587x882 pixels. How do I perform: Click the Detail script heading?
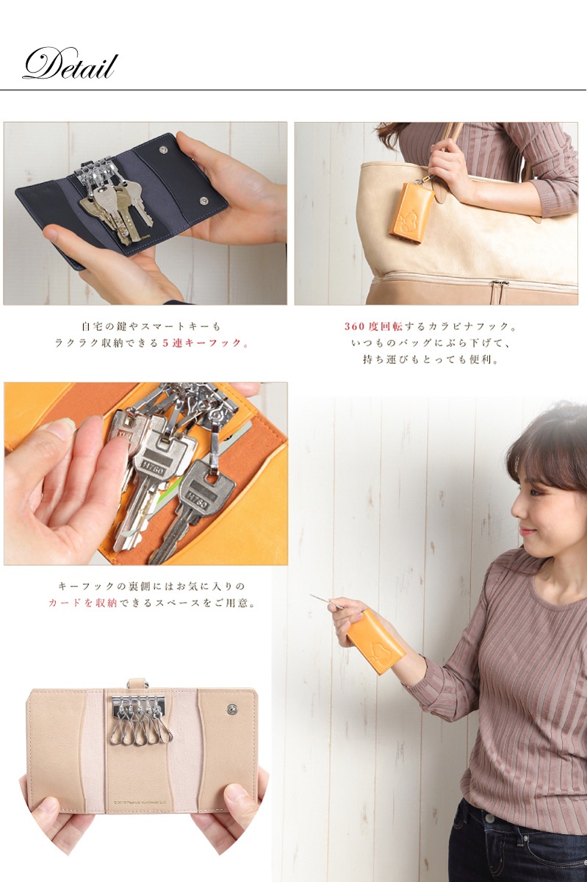[x=69, y=65]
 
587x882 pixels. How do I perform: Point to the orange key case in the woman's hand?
[x=375, y=640]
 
